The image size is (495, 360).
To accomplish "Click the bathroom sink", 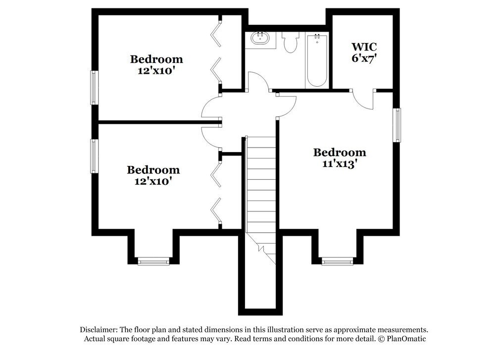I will click(260, 38).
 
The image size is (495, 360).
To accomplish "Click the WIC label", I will click(364, 47).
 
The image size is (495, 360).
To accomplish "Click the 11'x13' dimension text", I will click(340, 164).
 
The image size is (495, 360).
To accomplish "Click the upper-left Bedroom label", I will click(156, 59).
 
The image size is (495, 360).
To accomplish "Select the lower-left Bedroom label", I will click(153, 170).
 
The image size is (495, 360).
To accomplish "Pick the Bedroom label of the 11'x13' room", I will click(340, 153).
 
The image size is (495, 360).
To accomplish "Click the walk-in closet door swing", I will click(364, 100).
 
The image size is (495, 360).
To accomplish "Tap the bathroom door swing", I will click(258, 82).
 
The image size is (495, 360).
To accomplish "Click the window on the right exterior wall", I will click(397, 125).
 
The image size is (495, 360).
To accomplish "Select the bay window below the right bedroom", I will click(337, 261).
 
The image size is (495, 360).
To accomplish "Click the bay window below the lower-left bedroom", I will click(153, 261).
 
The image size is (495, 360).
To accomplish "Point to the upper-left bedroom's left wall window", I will click(93, 87).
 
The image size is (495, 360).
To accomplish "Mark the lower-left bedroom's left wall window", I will click(93, 156).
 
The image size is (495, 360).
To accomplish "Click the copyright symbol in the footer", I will click(381, 339).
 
